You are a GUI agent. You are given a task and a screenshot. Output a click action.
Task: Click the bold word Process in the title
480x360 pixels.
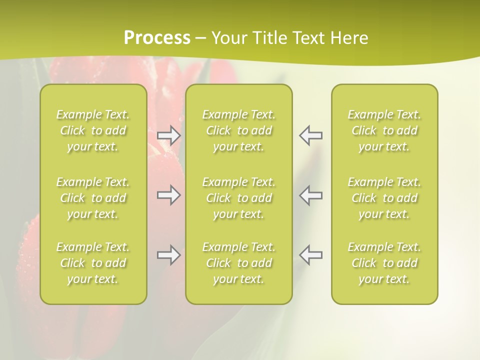(157, 38)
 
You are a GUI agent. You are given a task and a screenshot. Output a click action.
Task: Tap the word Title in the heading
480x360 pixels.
(269, 38)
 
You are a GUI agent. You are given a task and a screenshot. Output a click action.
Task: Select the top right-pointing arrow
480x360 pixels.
(168, 135)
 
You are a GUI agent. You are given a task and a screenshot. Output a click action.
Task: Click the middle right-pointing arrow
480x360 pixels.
(168, 195)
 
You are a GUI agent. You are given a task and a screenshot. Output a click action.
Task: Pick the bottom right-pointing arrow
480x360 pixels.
(168, 255)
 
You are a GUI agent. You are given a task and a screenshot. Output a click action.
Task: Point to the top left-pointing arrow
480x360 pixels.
(311, 135)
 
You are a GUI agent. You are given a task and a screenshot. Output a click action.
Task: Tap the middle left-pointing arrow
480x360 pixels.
(311, 195)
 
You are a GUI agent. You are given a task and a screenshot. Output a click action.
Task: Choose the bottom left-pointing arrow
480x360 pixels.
(311, 255)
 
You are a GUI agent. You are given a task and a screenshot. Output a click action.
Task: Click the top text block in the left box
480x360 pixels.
(93, 130)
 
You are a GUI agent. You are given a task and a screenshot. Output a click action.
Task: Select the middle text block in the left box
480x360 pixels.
(93, 198)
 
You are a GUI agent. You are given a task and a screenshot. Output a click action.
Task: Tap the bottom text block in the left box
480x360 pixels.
(93, 263)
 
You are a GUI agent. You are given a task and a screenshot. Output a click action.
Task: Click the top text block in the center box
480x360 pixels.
(239, 130)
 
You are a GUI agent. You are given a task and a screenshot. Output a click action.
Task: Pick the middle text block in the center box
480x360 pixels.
(239, 198)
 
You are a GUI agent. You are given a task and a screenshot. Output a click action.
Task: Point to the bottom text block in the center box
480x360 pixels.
(239, 263)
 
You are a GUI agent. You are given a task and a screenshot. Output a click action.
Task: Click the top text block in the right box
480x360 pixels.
(384, 130)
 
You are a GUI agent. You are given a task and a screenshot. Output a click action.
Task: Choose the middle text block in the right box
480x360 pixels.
(384, 198)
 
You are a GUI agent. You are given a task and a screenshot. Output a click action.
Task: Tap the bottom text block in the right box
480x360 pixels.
(384, 263)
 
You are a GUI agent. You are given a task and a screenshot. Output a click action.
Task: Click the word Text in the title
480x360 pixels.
(308, 38)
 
